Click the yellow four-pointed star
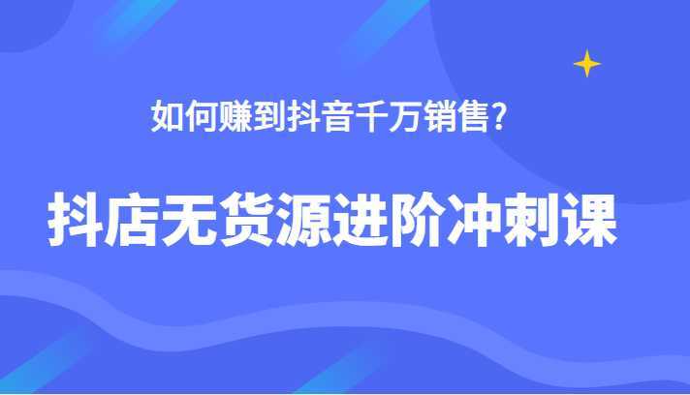586,64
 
